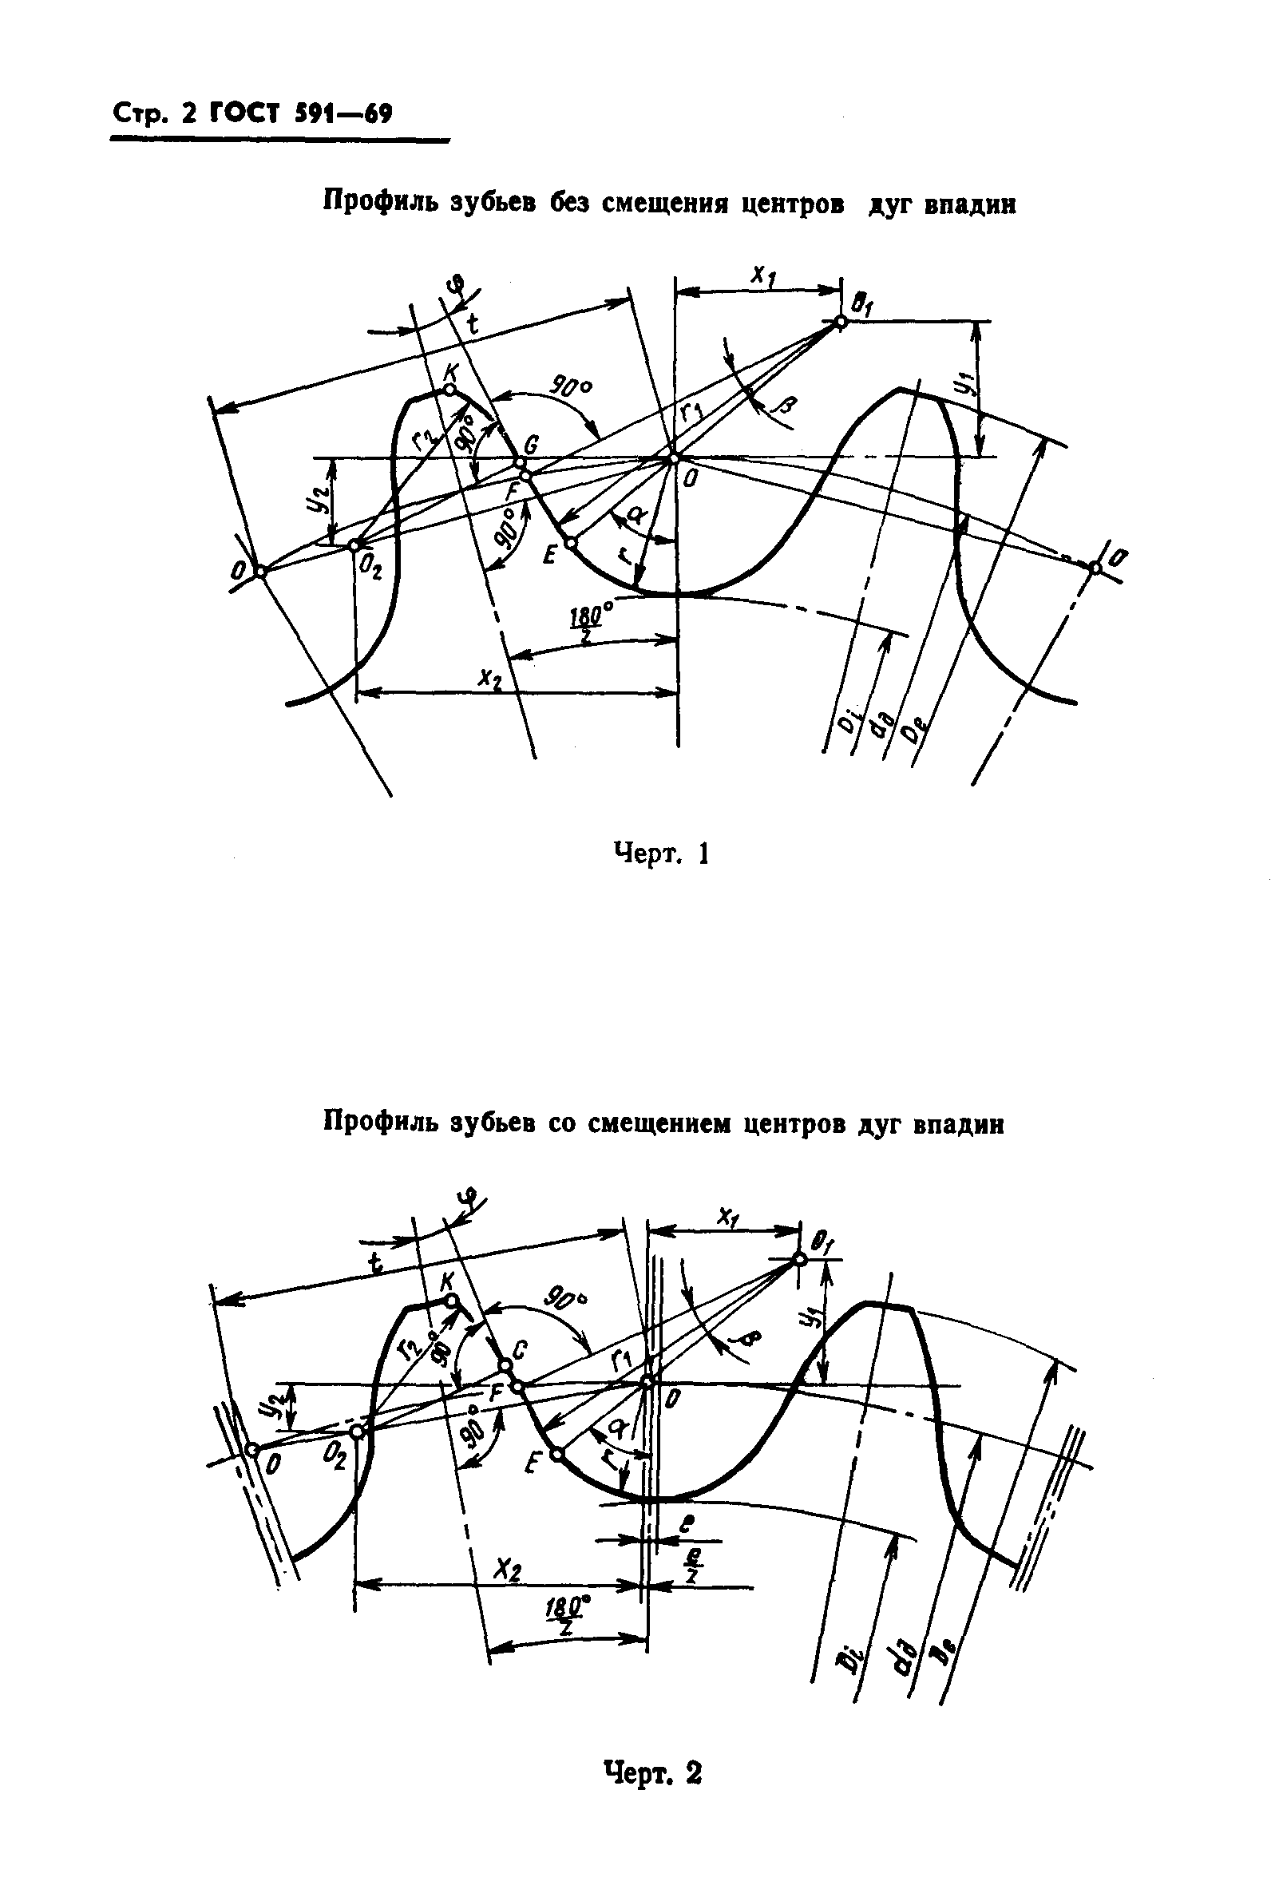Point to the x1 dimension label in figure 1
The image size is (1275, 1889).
click(762, 276)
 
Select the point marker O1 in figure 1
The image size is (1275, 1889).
click(841, 322)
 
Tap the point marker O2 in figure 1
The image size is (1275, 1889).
click(355, 545)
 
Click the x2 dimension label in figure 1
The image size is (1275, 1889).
click(489, 678)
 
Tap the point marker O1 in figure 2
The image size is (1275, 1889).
click(799, 1259)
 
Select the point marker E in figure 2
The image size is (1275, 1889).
click(556, 1454)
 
